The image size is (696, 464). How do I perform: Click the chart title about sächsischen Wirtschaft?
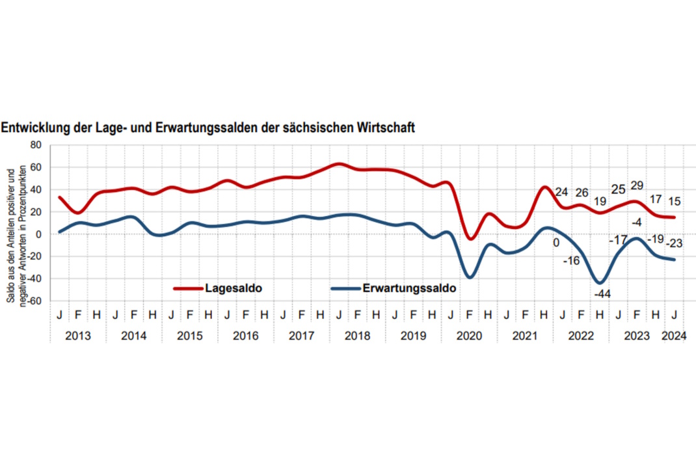(207, 128)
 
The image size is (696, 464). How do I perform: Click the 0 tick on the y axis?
(38, 234)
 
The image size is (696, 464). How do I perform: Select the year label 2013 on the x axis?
(78, 336)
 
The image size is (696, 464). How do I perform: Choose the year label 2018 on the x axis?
(358, 336)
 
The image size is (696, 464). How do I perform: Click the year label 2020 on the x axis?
(470, 336)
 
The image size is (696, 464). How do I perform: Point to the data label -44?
(602, 294)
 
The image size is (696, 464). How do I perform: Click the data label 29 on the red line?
(637, 186)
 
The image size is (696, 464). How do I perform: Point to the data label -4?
(637, 223)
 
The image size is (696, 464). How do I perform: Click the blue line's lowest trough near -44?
(600, 282)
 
